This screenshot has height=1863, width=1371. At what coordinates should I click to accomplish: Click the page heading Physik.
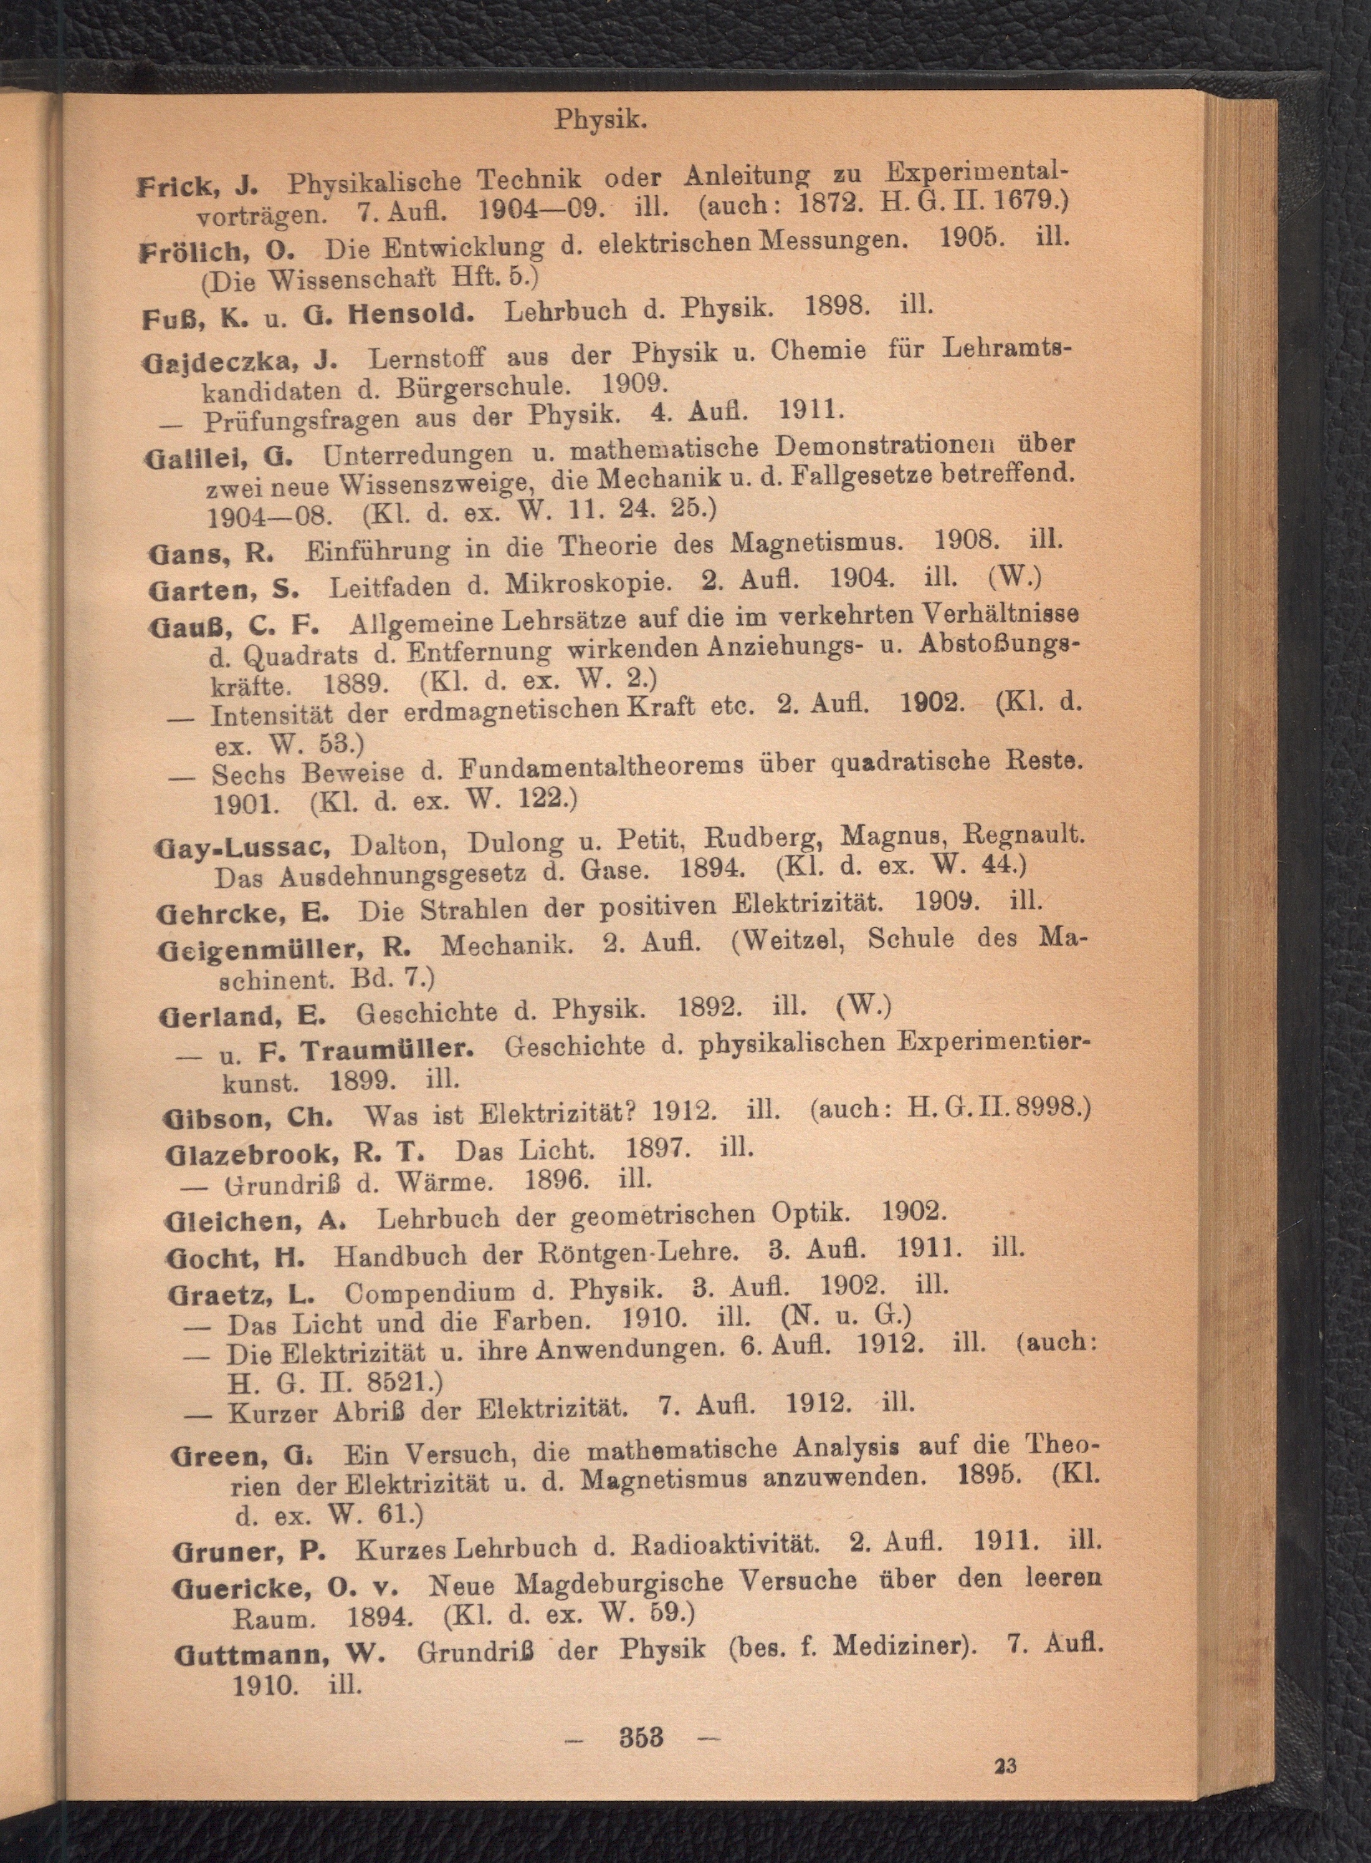[x=600, y=120]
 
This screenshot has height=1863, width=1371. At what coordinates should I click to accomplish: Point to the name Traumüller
[x=387, y=1049]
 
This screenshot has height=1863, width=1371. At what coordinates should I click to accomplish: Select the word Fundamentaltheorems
[x=601, y=769]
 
